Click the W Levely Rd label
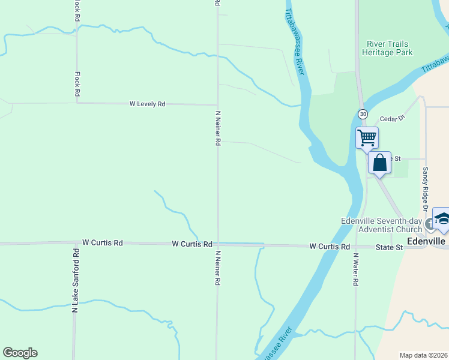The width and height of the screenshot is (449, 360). tap(147, 104)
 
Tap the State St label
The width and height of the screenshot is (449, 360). tap(389, 247)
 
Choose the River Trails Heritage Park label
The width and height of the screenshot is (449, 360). tap(387, 48)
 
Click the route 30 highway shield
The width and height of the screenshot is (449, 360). tap(363, 114)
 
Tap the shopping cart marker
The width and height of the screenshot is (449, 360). tap(367, 137)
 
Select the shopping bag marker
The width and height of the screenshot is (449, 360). tap(379, 163)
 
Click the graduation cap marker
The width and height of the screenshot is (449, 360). tap(442, 219)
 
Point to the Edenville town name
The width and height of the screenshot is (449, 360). tap(426, 241)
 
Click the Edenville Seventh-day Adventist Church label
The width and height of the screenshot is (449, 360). tap(382, 224)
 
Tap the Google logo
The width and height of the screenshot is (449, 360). tap(20, 353)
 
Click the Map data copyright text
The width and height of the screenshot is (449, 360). tap(423, 355)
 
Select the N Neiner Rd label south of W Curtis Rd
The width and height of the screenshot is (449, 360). tap(217, 268)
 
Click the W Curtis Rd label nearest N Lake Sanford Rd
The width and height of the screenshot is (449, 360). tap(103, 243)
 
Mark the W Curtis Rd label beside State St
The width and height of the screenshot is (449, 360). tap(330, 247)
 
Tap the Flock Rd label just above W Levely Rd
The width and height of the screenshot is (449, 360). tap(77, 85)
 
